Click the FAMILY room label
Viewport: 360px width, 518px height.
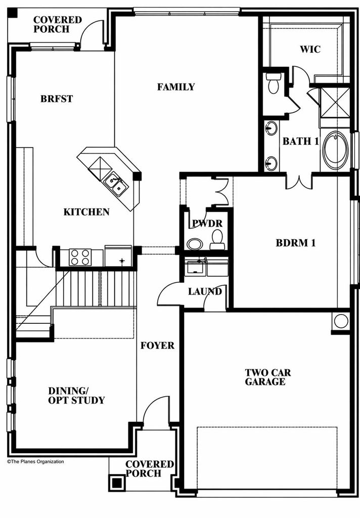(176, 87)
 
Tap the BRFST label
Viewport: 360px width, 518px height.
(57, 99)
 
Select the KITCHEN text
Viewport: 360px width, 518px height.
(86, 212)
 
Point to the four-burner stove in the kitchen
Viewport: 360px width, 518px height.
(80, 257)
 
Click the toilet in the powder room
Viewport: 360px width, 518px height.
(217, 240)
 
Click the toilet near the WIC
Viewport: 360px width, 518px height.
(274, 83)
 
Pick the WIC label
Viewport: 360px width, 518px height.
(310, 49)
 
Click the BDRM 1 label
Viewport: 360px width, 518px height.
(296, 243)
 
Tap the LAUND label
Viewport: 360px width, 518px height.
(205, 291)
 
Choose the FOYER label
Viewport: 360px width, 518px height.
(157, 346)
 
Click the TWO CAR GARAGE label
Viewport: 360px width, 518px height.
(268, 377)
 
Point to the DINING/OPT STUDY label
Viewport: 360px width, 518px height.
(76, 396)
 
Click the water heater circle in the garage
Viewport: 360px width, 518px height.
(340, 321)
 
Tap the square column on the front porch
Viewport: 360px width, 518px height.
(117, 483)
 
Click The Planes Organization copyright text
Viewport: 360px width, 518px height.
(36, 462)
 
